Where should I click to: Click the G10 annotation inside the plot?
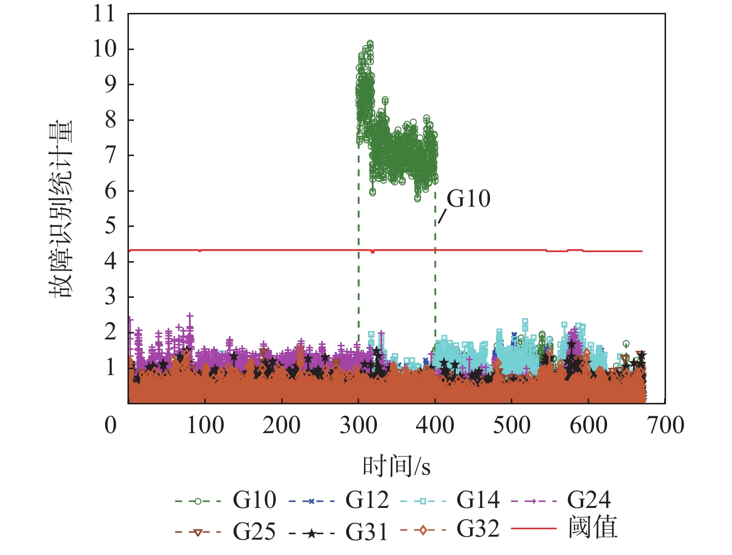pos(469,199)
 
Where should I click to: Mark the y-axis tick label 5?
pos(110,226)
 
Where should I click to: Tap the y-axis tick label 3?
pos(110,297)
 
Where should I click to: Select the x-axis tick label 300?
pos(358,425)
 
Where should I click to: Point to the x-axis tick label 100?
pos(205,425)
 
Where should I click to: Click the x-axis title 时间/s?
pos(397,466)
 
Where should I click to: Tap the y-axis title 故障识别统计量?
pos(61,208)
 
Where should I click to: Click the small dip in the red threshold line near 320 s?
pos(373,252)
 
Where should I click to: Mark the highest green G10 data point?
pos(370,44)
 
